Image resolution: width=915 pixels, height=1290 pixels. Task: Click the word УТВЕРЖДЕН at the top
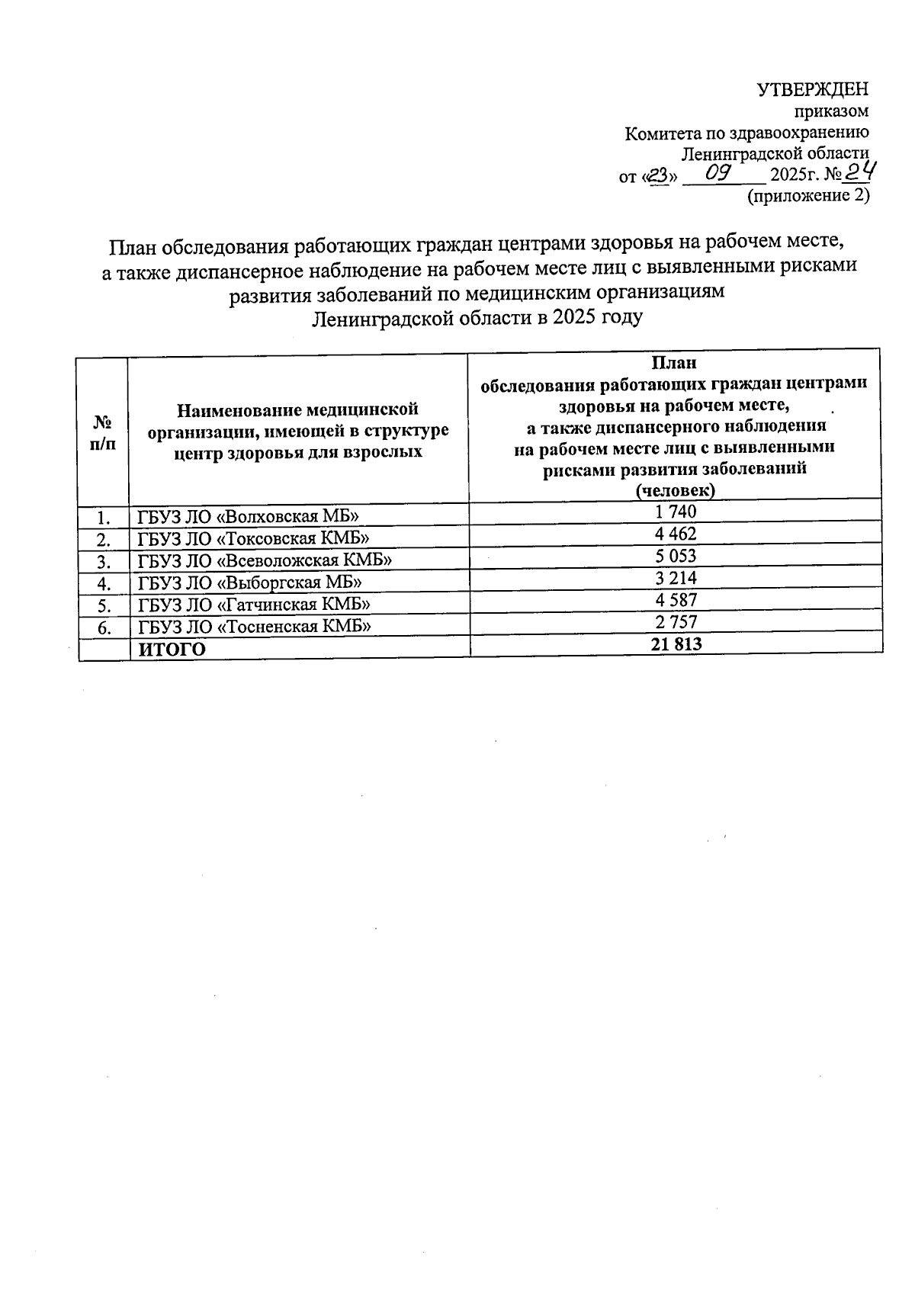pos(812,90)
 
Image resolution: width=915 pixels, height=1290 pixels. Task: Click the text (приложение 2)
pos(808,196)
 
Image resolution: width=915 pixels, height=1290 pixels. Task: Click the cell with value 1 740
pos(676,512)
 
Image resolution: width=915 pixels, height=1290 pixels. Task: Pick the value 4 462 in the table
pos(676,534)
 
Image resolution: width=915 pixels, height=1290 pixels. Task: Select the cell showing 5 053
pos(676,557)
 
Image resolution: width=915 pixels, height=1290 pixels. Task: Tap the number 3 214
pos(676,579)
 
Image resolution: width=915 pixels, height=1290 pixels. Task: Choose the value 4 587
pos(676,601)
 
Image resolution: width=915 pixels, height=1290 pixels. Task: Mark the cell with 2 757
pos(676,622)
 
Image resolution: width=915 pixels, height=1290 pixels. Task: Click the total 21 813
pos(676,645)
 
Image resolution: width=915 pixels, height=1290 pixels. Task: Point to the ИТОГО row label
pos(172,650)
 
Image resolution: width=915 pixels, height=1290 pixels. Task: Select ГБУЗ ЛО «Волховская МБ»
pos(248,517)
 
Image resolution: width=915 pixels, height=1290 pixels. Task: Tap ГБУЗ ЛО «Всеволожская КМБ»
pos(265,561)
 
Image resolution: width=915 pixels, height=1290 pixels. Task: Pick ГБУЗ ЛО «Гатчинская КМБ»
pos(254,605)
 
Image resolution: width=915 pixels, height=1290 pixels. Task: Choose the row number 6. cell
pos(105,628)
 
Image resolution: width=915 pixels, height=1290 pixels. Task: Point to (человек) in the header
pos(675,491)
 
